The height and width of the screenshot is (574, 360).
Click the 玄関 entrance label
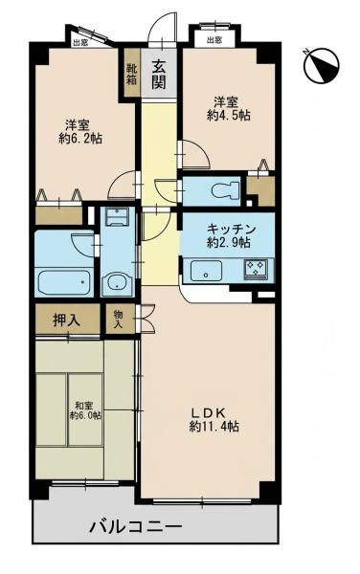coord(159,75)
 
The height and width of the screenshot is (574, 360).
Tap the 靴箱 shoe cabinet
coord(132,74)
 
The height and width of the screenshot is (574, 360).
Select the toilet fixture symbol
coord(225,190)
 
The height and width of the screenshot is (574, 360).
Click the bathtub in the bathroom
coord(64,281)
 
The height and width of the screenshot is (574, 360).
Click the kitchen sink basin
coord(206,271)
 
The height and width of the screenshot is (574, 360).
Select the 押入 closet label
coord(67,320)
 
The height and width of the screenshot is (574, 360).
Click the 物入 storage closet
coord(121,319)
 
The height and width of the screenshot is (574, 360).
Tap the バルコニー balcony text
coord(136,527)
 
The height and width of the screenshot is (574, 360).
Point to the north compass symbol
coord(322,65)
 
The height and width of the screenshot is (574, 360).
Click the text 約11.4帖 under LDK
coord(214,427)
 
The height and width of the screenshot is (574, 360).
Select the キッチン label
coord(231,230)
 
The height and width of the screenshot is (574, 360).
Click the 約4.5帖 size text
coord(229,116)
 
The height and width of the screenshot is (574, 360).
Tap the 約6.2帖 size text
coord(80,139)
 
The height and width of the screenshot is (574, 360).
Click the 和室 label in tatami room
coord(84,406)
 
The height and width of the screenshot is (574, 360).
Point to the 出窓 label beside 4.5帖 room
coord(214,40)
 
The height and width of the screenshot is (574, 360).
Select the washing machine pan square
coord(118,217)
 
